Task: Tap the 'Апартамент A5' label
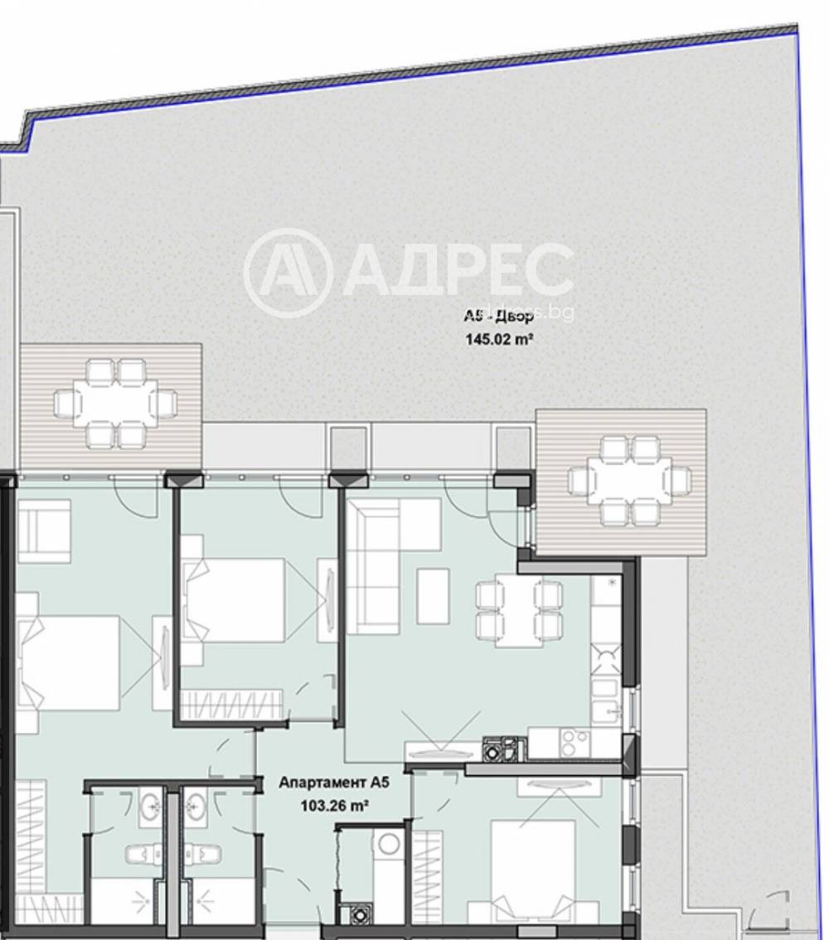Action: tap(333, 782)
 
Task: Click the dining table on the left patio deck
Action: tap(115, 404)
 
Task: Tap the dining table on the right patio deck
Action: tap(629, 481)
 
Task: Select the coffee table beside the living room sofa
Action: tap(433, 594)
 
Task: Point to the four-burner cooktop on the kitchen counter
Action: tap(574, 743)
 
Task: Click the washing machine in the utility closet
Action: tap(389, 844)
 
